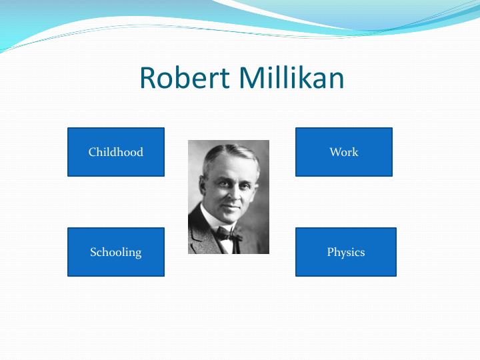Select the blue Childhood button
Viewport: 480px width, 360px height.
click(x=116, y=152)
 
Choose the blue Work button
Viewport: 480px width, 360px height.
click(x=344, y=152)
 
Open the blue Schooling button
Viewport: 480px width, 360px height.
click(x=116, y=252)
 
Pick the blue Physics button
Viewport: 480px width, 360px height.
click(x=346, y=252)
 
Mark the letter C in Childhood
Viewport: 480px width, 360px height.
click(x=92, y=152)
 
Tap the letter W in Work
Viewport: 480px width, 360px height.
click(x=335, y=152)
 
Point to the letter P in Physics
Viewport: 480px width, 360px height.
click(x=330, y=252)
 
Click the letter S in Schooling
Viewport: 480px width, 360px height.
click(x=93, y=252)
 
